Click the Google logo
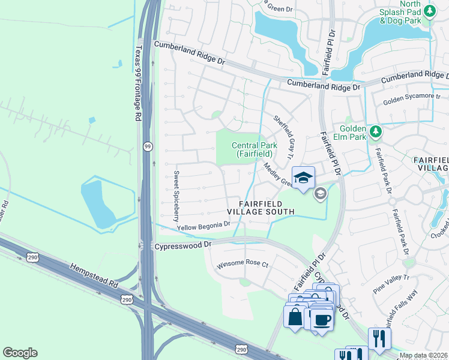pyautogui.click(x=20, y=353)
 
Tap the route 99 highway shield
pyautogui.click(x=146, y=146)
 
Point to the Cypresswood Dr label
pyautogui.click(x=184, y=245)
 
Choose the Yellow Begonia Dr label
pyautogui.click(x=203, y=226)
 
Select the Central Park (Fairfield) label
pyautogui.click(x=255, y=149)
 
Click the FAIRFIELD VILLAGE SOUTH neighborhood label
pyautogui.click(x=261, y=207)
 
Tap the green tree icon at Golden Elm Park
pyautogui.click(x=375, y=130)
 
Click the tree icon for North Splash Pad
pyautogui.click(x=429, y=11)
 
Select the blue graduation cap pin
pyautogui.click(x=303, y=178)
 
